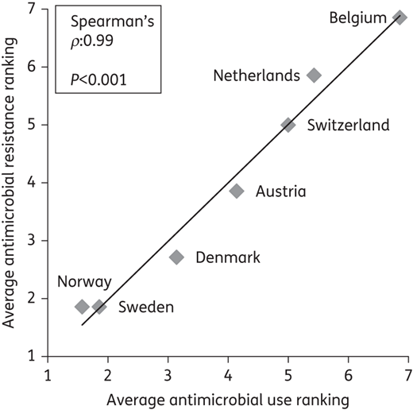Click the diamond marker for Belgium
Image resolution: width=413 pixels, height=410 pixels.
(399, 17)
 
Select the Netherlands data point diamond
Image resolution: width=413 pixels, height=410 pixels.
(314, 75)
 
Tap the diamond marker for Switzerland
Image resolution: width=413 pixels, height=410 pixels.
(288, 125)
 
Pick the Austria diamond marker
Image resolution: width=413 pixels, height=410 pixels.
(237, 191)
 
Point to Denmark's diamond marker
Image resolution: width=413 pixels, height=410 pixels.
(176, 257)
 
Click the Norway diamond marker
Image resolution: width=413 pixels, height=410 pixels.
(82, 307)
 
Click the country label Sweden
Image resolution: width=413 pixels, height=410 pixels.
(146, 307)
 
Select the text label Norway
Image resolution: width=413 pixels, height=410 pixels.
(84, 282)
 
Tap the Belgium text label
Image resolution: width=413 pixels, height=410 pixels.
(358, 18)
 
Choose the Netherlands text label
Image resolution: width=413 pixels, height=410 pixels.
(257, 75)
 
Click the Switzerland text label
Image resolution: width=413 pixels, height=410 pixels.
(348, 125)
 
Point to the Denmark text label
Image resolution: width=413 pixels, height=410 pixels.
(228, 257)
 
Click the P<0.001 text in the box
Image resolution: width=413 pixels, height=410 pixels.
(98, 79)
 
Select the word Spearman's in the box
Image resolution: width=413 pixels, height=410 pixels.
(112, 21)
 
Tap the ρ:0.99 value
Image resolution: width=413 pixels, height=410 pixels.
(92, 41)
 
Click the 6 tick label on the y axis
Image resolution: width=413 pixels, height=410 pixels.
(32, 67)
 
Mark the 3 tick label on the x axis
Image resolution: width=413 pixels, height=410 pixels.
(168, 375)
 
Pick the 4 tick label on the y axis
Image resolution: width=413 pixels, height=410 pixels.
(32, 183)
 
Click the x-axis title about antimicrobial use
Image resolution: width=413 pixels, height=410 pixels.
(228, 400)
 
